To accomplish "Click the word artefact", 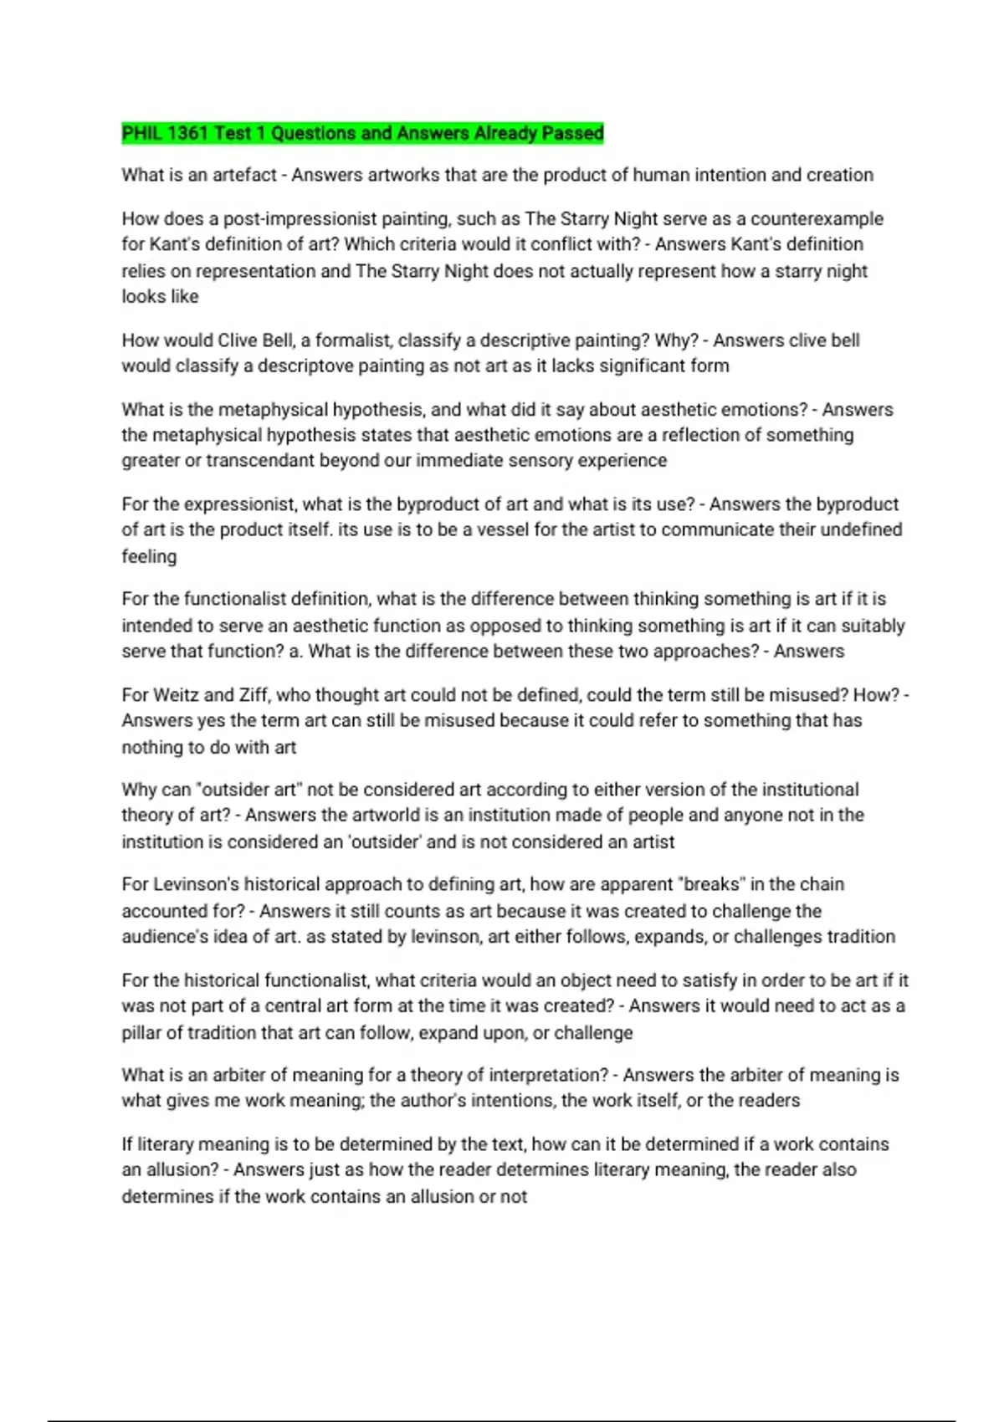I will (244, 175).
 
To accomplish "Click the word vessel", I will (503, 529).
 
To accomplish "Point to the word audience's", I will (165, 937).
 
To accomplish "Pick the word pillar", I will (142, 1033).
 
